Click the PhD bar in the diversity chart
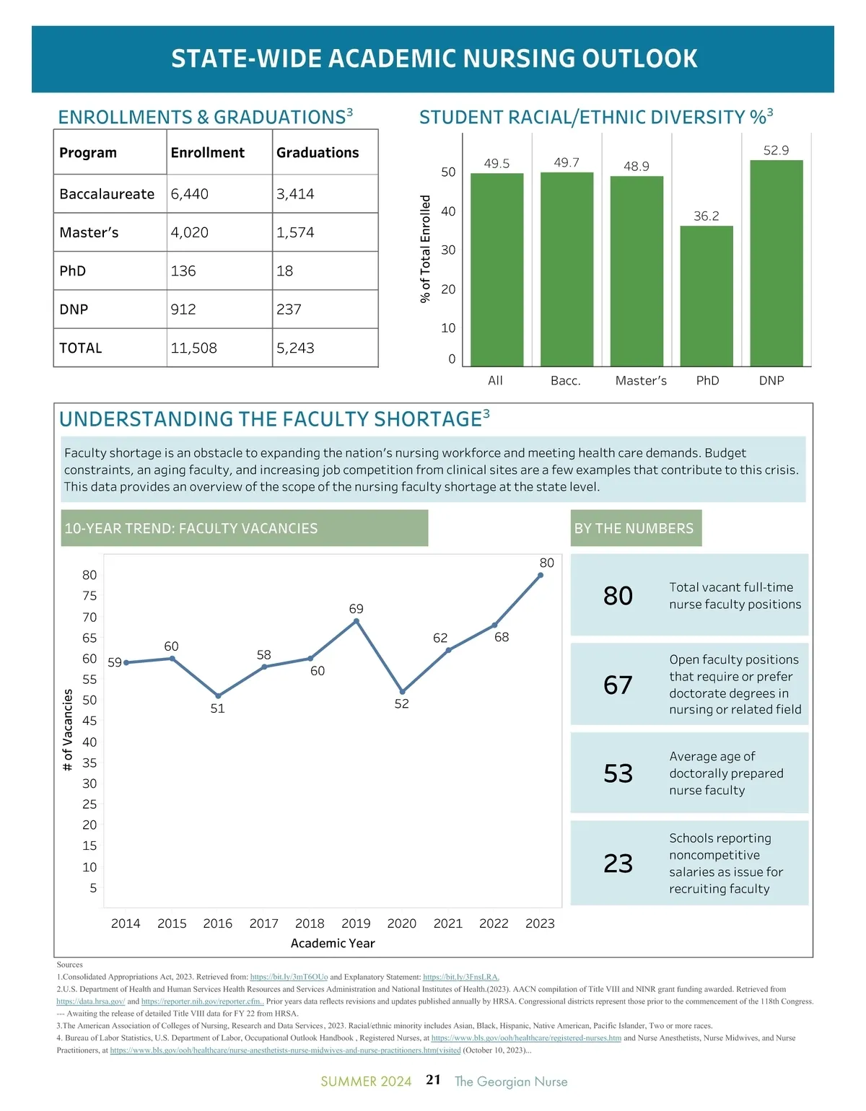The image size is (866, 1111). pyautogui.click(x=707, y=297)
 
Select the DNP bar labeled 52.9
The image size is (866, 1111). pyautogui.click(x=777, y=263)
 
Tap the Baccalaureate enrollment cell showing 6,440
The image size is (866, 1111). pyautogui.click(x=190, y=194)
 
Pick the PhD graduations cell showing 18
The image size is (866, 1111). pyautogui.click(x=285, y=271)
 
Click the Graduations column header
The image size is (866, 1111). pyautogui.click(x=318, y=153)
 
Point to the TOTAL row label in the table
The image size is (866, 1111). pyautogui.click(x=81, y=348)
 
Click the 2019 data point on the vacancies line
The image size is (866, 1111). pyautogui.click(x=357, y=621)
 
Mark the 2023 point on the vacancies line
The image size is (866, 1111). pyautogui.click(x=541, y=575)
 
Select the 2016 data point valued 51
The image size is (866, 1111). pyautogui.click(x=218, y=696)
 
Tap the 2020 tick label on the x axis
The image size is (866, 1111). pyautogui.click(x=402, y=923)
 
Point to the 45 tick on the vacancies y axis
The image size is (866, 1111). pyautogui.click(x=89, y=721)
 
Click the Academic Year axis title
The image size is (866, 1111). pyautogui.click(x=333, y=944)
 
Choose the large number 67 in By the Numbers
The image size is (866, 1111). pyautogui.click(x=618, y=685)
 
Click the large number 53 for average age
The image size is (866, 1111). pyautogui.click(x=618, y=773)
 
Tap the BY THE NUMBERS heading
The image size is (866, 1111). pyautogui.click(x=634, y=529)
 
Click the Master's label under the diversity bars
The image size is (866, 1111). pyautogui.click(x=641, y=381)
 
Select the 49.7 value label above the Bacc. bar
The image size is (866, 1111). pyautogui.click(x=567, y=162)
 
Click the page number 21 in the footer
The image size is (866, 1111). pyautogui.click(x=433, y=1080)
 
